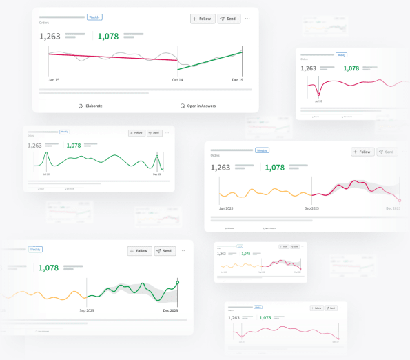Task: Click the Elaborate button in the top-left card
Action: point(90,106)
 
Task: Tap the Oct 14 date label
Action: point(177,80)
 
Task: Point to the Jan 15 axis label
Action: point(53,80)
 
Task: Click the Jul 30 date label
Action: point(318,101)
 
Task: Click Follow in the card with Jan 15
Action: point(202,19)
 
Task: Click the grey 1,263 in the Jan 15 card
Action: point(50,37)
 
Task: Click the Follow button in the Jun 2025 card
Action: point(362,152)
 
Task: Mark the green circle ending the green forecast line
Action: point(178,282)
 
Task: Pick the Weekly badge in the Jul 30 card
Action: point(340,54)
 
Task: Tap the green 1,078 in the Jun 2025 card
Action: point(275,168)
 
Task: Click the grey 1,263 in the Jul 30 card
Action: point(309,68)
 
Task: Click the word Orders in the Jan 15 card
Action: point(44,23)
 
